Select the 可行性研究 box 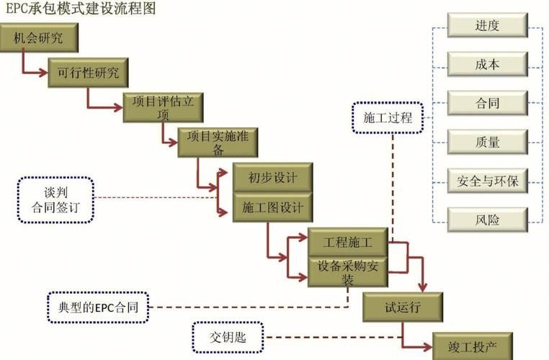88,73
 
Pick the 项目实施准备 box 217,142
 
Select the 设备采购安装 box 348,271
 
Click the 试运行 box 401,307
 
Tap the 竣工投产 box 473,346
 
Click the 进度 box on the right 487,26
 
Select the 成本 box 487,64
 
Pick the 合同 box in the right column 487,103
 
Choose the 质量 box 487,142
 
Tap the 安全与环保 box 487,180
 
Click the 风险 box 487,219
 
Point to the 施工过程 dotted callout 388,117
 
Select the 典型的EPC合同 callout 98,307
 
